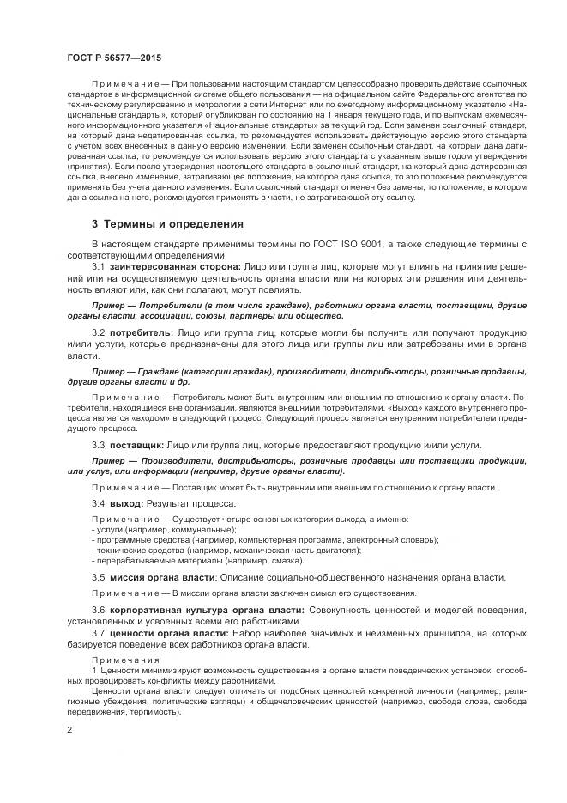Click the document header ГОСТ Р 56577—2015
coord(108,57)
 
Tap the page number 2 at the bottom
coord(69,729)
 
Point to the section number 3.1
coord(99,267)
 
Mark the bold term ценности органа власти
coord(167,633)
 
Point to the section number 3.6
coord(99,610)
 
